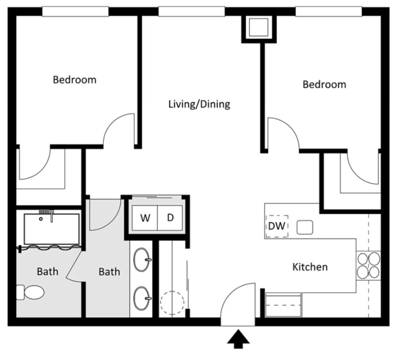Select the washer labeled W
coord(145,218)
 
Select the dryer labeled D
coord(170,218)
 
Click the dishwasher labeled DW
coord(277,226)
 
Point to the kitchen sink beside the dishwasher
coord(305,227)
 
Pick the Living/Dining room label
coord(199,104)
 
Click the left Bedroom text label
coord(74,80)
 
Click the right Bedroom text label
coord(324,85)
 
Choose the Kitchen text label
coord(310,267)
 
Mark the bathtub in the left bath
coord(51,229)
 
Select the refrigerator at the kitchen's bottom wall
coord(283,305)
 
